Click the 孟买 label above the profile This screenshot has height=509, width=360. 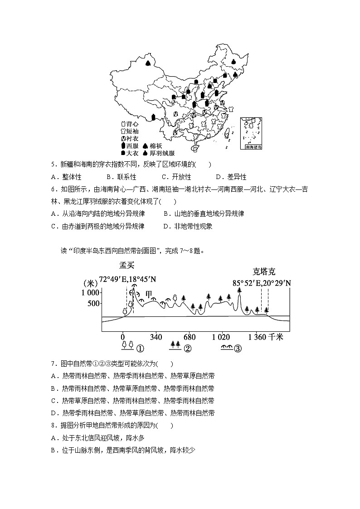click(127, 266)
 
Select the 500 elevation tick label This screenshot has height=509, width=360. click(93, 303)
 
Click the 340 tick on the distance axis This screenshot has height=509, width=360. click(156, 337)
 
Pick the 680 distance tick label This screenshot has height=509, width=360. click(190, 337)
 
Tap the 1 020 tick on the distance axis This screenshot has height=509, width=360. click(221, 337)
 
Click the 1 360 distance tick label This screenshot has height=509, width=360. click(257, 337)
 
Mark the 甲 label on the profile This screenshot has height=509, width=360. click(148, 294)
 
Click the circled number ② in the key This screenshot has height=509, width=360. click(187, 349)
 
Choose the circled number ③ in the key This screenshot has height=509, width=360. click(237, 349)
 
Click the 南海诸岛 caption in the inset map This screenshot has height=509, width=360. click(253, 147)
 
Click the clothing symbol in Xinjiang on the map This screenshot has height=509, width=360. click(148, 64)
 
